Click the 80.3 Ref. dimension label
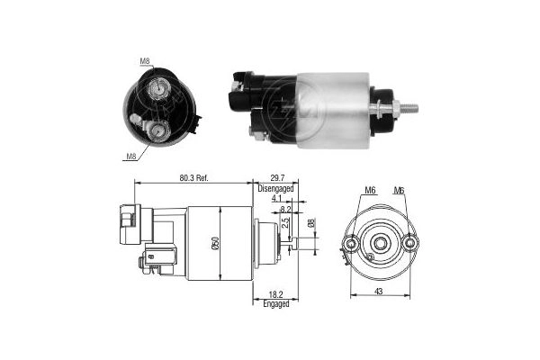[x=193, y=178]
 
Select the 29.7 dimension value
[x=277, y=178]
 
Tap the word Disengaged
[x=276, y=188]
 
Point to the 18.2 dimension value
[x=276, y=295]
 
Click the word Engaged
[x=276, y=304]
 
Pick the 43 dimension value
[x=379, y=292]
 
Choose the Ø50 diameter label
[x=216, y=244]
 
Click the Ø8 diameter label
[x=311, y=223]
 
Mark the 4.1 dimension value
[x=276, y=198]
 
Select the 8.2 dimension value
[x=286, y=209]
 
